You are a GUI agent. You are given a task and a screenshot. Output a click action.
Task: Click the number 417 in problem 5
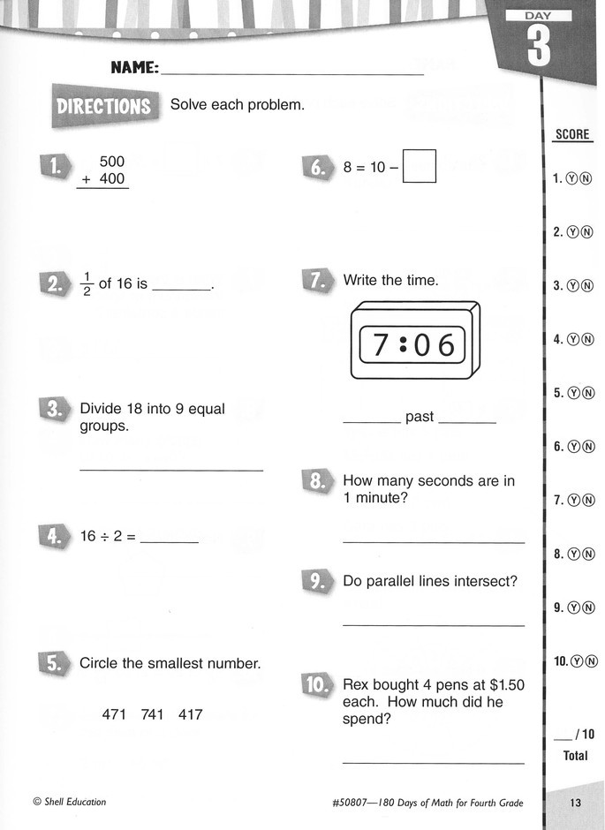[191, 714]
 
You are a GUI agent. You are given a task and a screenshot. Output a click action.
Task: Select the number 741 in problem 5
[153, 714]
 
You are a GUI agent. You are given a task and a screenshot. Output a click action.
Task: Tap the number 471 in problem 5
[115, 714]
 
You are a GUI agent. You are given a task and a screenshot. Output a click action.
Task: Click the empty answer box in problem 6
[420, 166]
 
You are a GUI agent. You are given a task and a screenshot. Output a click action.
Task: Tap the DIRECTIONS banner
[103, 107]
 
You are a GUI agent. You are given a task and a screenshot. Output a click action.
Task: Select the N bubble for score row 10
[592, 661]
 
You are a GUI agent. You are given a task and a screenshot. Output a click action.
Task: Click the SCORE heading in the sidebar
[571, 135]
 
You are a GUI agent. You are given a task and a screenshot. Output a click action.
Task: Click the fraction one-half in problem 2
[87, 285]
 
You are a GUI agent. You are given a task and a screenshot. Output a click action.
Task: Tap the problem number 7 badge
[317, 281]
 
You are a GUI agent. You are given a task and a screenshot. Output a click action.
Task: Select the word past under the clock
[420, 417]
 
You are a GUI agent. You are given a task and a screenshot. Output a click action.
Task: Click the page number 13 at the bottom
[575, 803]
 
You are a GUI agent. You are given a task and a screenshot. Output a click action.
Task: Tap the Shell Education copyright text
[69, 802]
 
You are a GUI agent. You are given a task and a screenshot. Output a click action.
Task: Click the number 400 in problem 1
[111, 179]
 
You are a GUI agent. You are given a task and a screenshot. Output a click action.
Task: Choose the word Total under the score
[575, 756]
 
